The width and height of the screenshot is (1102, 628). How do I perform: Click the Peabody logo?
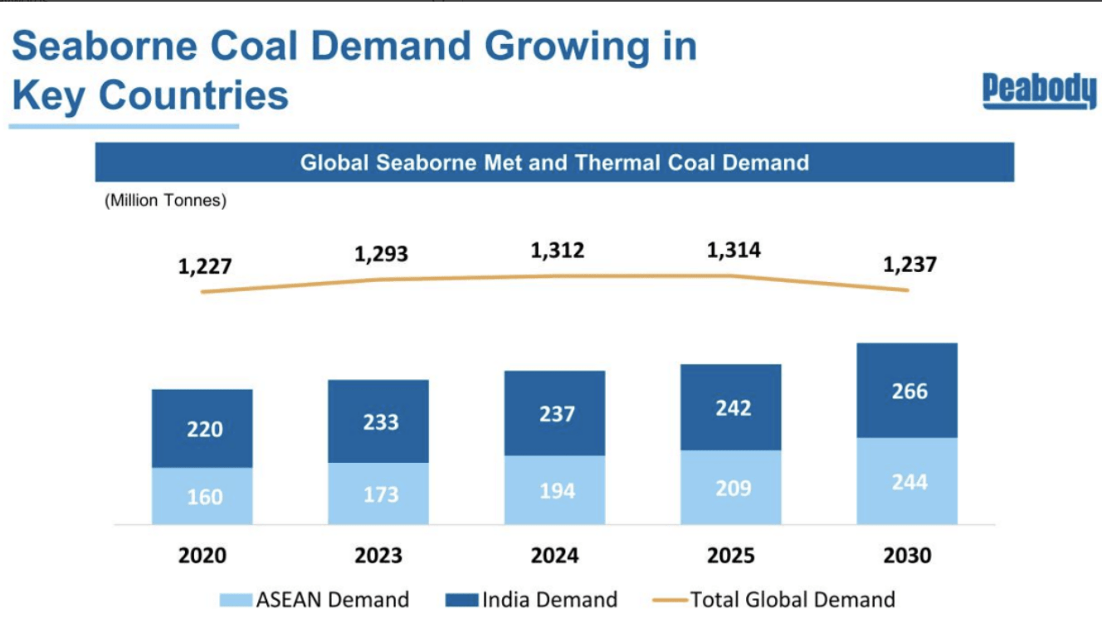point(1039,90)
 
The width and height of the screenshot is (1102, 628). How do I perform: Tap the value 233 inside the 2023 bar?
point(380,422)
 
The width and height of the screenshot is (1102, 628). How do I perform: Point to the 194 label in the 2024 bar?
point(557,490)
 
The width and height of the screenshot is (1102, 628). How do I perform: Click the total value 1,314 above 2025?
point(734,250)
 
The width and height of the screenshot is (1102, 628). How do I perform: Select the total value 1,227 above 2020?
point(204,267)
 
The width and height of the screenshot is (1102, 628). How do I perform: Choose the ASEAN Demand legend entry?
point(315,599)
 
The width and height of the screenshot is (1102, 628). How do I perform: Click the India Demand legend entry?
point(532,599)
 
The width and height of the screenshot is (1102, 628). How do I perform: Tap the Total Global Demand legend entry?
point(780,599)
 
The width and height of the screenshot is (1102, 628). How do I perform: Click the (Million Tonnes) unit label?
point(165,201)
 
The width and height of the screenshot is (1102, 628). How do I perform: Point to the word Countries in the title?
point(194,95)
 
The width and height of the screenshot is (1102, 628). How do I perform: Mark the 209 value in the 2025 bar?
point(734,488)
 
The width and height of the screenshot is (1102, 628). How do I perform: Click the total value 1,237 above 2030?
point(909,265)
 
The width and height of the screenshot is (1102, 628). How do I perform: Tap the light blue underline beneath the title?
point(124,127)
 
